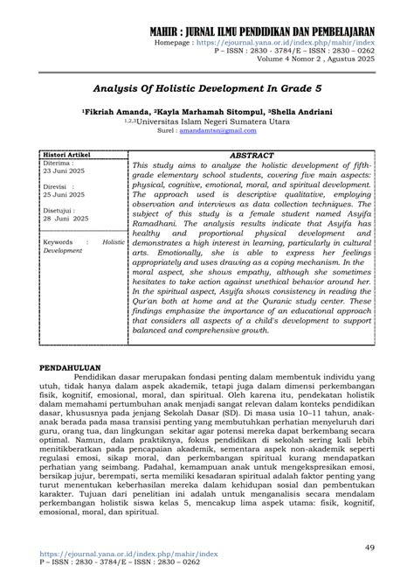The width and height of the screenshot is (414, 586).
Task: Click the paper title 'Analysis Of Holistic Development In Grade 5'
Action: point(206,88)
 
